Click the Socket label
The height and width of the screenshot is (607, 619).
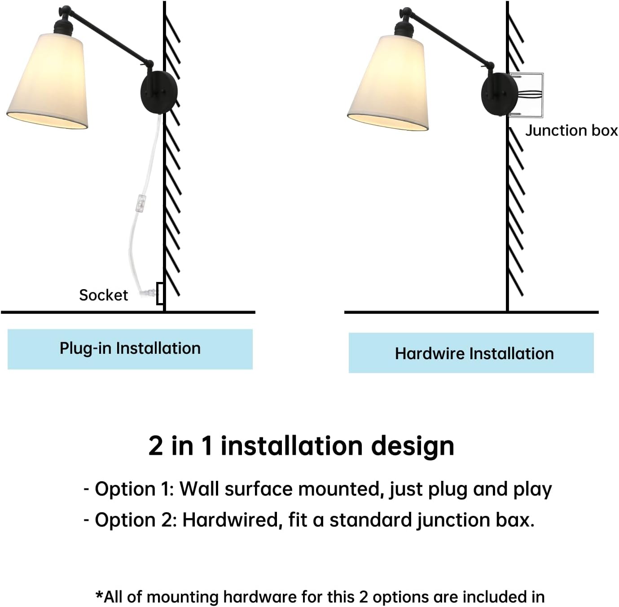(103, 295)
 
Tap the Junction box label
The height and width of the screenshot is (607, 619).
(571, 130)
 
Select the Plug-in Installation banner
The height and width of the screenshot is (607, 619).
(130, 349)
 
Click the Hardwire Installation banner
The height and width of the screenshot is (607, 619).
(471, 353)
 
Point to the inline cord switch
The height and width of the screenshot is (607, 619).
(141, 203)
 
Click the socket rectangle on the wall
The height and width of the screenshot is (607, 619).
(160, 293)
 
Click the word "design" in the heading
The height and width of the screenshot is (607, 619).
(413, 446)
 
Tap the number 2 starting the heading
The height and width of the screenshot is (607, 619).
(156, 446)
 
